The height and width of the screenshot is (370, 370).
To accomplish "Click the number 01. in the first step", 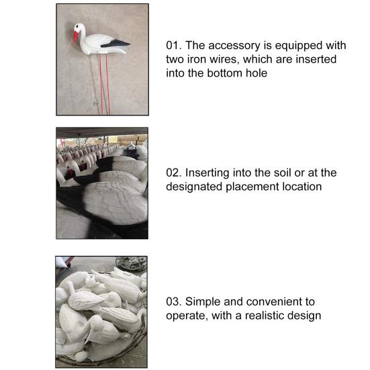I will point(175,46).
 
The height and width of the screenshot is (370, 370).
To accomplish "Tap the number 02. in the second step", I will point(175,173).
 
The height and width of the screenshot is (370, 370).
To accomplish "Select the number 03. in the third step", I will point(175,302).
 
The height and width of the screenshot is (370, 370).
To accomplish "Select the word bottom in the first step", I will point(223,73).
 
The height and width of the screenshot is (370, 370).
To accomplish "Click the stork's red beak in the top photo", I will point(76,36).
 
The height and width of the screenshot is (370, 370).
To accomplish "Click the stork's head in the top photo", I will point(80,28).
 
